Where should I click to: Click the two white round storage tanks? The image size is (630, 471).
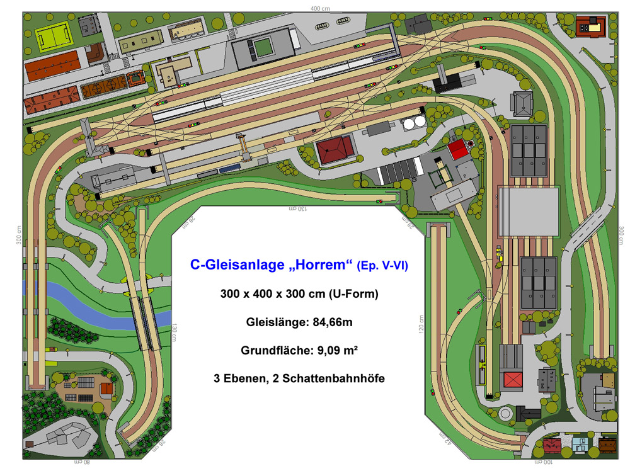click(413, 123)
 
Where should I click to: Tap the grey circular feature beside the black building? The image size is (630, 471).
click(505, 413)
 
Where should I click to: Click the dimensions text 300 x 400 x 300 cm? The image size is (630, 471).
click(299, 294)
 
